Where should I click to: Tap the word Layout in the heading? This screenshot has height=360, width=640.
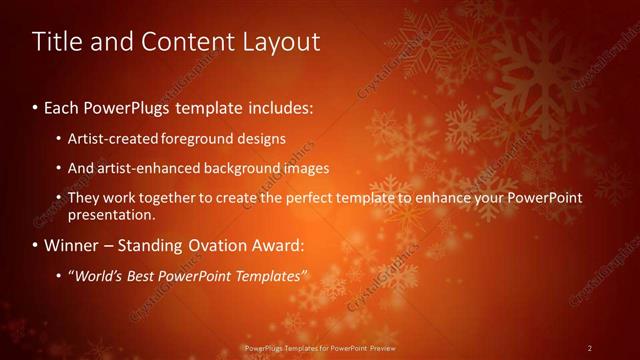(282, 42)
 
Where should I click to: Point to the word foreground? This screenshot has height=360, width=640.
(219, 138)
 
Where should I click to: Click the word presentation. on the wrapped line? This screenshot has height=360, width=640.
(111, 215)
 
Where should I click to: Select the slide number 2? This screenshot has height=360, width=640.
(590, 348)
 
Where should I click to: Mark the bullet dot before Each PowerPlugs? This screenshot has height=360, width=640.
(36, 106)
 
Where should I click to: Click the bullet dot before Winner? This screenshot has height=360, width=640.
(36, 245)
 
